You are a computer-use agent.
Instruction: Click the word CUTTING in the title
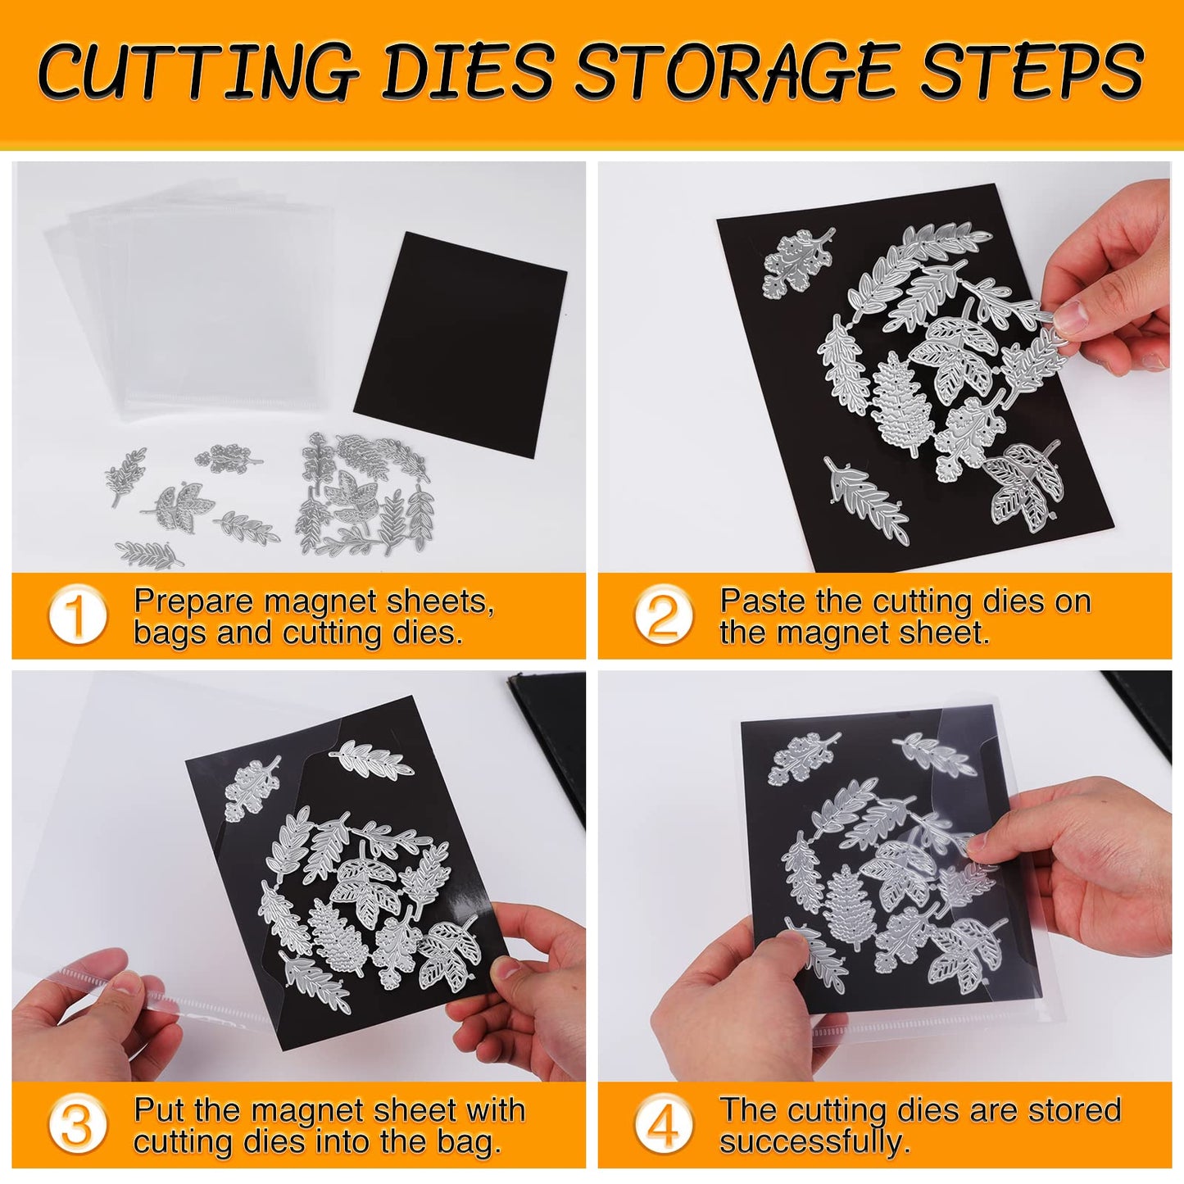coord(197,72)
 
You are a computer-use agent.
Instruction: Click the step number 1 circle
coord(77,615)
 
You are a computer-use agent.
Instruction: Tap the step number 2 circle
coord(663,615)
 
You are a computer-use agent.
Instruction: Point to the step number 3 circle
coord(77,1124)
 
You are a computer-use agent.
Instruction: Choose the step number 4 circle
coord(663,1124)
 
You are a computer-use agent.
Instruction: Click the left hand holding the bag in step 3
coord(90,1016)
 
